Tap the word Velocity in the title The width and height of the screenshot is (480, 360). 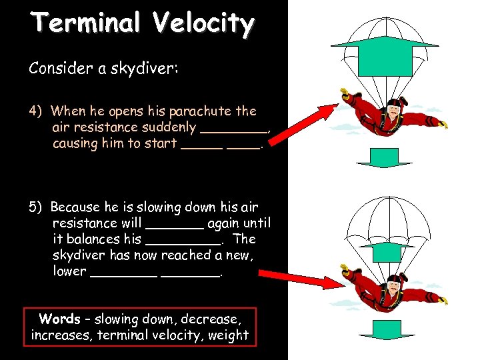tap(203, 24)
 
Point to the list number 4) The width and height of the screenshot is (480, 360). tap(37, 111)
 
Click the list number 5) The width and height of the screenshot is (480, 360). tap(37, 207)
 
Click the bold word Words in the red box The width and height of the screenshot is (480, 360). tap(60, 319)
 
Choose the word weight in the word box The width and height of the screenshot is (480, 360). tap(229, 335)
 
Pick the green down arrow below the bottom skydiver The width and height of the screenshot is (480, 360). tap(385, 331)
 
